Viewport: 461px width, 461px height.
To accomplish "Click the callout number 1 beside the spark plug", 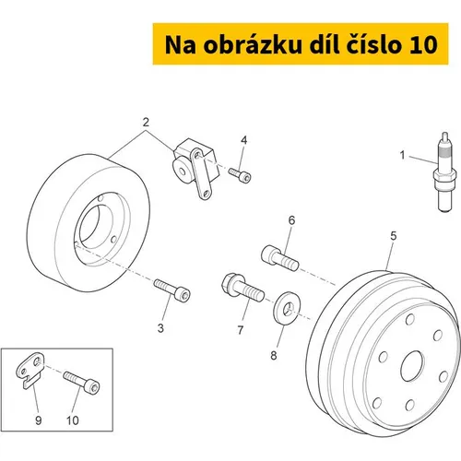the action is (402, 155).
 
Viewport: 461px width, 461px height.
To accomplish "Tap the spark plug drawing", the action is (444, 171).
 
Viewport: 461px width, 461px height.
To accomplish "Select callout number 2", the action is (146, 123).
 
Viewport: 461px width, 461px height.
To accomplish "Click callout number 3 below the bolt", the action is (160, 328).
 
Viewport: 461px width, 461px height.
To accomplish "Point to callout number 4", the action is (243, 140).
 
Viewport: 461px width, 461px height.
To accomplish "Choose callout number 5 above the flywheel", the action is (394, 236).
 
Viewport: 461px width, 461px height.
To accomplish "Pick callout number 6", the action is (291, 220).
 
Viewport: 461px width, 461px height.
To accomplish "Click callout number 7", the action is (241, 330).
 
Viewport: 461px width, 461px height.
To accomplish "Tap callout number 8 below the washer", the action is (274, 356).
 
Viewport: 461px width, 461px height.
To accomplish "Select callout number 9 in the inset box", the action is (39, 420).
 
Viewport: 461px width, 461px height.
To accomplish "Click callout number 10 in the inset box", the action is (73, 420).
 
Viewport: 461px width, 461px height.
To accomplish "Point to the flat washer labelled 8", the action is (287, 308).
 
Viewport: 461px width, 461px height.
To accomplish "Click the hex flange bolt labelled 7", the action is (242, 287).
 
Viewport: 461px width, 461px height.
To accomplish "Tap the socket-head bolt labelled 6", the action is (279, 258).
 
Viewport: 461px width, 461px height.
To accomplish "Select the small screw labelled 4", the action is (240, 175).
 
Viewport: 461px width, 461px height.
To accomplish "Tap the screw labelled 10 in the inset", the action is (81, 382).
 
